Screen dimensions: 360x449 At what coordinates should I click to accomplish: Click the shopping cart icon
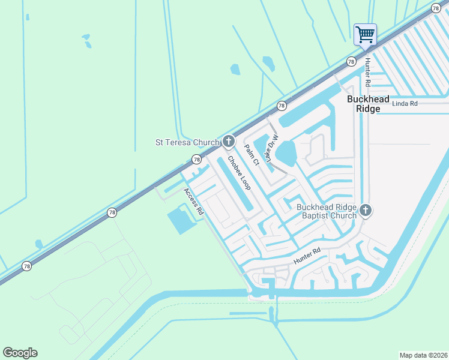[365, 34]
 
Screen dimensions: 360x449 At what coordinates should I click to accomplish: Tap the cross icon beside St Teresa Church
[228, 142]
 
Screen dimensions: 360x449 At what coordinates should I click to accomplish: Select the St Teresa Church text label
[187, 142]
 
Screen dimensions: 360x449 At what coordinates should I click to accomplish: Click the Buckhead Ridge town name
[369, 104]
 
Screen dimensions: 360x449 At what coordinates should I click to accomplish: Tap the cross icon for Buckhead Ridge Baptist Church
[366, 211]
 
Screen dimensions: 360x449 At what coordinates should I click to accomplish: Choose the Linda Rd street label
[404, 104]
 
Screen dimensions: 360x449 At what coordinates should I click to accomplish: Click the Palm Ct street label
[252, 155]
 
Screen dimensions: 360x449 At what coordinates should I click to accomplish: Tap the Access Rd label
[193, 201]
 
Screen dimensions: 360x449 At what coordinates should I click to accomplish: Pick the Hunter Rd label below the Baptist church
[307, 257]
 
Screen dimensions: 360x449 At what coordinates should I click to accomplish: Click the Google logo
[20, 353]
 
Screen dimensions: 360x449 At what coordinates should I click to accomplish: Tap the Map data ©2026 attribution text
[423, 355]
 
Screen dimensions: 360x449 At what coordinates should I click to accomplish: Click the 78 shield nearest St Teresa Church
[196, 159]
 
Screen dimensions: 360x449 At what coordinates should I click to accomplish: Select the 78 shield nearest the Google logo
[26, 266]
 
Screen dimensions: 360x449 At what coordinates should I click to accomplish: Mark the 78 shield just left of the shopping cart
[350, 61]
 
